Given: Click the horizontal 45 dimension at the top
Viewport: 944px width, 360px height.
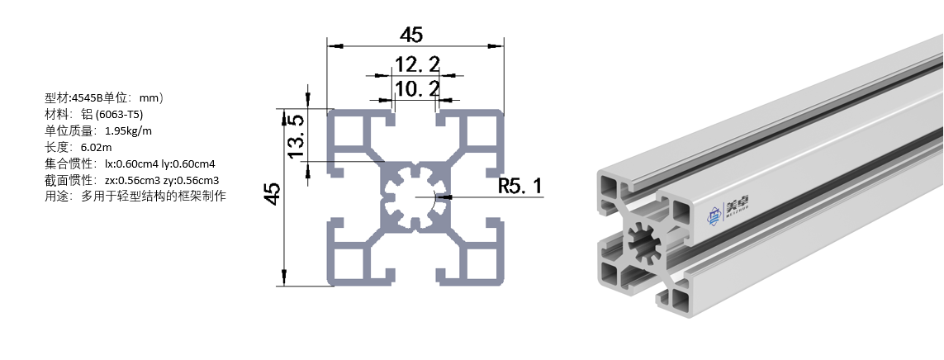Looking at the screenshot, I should click(411, 35).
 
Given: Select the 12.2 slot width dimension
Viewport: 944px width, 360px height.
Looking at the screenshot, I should click(417, 64).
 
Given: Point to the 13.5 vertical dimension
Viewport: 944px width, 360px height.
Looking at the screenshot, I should click(295, 136).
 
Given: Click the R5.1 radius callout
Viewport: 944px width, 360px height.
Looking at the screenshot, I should click(520, 187).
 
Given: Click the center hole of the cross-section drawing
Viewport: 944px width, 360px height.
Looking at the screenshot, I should click(415, 198).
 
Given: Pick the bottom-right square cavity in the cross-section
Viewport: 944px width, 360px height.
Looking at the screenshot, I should click(483, 263).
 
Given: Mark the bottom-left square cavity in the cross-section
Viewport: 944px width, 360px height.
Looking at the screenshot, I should click(348, 263).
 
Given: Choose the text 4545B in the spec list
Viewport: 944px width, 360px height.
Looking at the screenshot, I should click(88, 97).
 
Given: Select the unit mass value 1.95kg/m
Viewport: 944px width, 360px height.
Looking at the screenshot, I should click(129, 130).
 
